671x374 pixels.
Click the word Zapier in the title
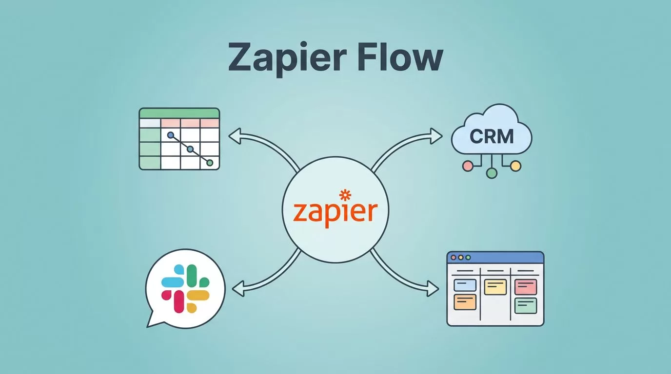pos(287,59)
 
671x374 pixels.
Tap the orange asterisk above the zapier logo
pos(345,195)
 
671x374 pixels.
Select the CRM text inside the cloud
pos(492,136)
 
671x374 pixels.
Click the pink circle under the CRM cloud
pos(468,166)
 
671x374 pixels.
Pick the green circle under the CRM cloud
pos(491,173)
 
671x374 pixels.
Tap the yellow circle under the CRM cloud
pos(515,166)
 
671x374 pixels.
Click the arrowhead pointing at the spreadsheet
pos(235,136)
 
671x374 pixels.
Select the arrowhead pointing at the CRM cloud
pos(436,136)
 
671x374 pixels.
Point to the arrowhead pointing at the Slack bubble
pos(238,289)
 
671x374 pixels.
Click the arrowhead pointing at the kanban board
pos(433,289)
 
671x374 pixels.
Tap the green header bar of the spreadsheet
pos(179,113)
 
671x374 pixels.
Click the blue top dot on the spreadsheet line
pos(171,135)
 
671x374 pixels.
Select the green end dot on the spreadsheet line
pos(210,163)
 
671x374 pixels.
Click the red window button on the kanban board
pos(454,258)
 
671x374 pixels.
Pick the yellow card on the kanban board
pos(495,287)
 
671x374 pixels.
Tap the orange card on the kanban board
pos(465,302)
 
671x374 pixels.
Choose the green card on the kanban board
pos(526,305)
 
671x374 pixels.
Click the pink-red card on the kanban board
pos(526,287)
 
